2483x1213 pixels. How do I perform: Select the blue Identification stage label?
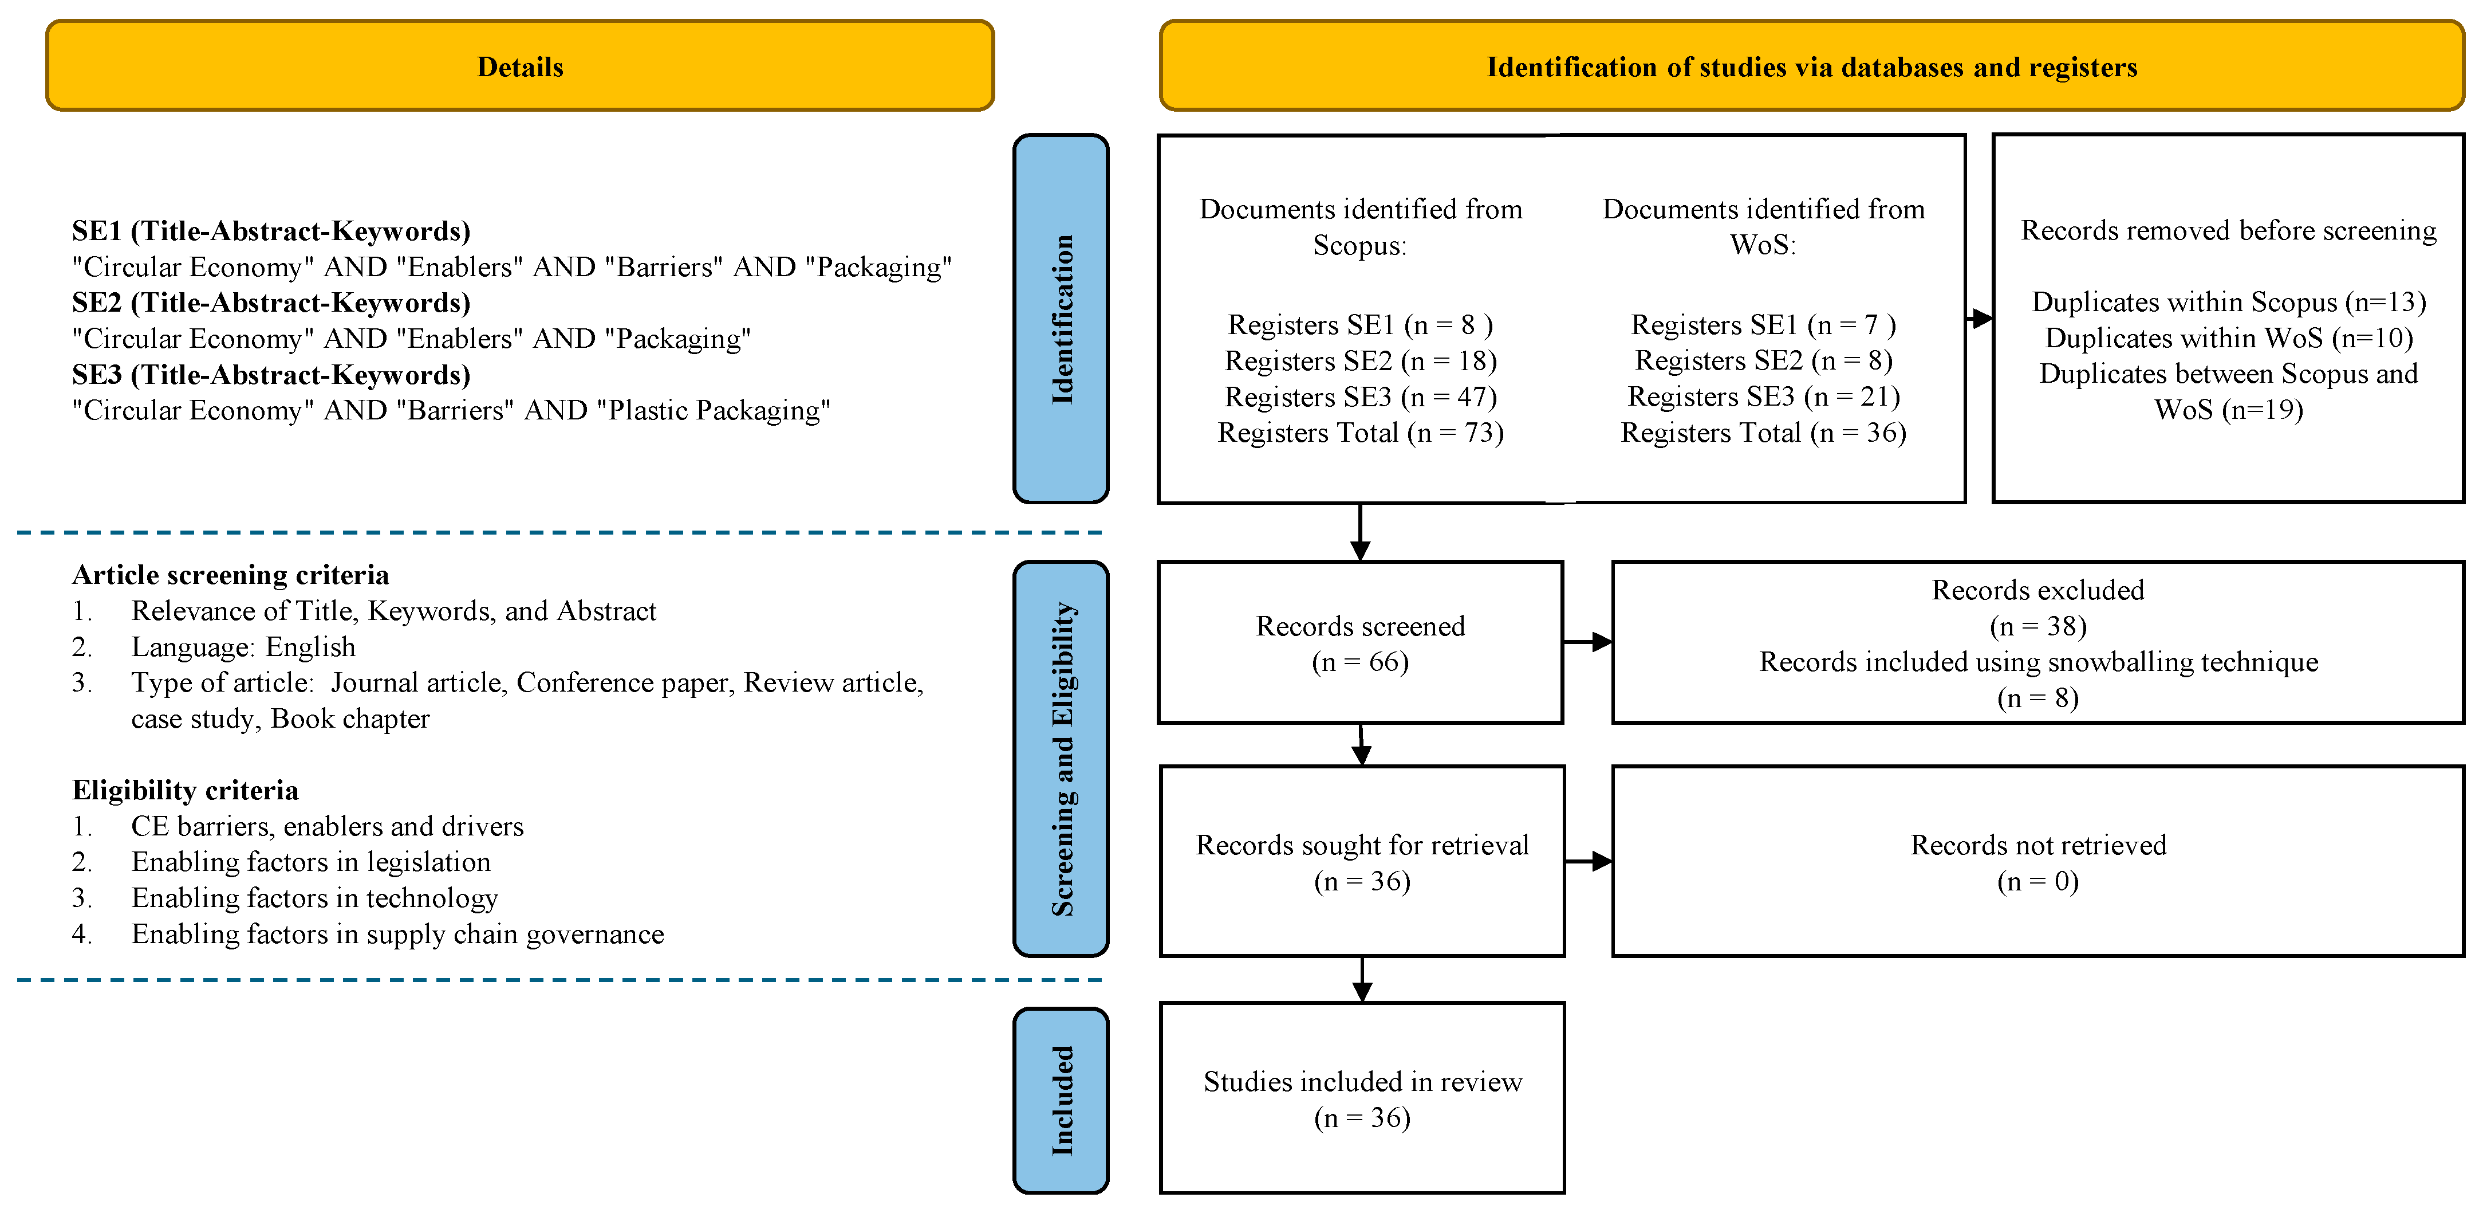(1061, 318)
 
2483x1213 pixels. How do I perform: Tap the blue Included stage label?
(1061, 1100)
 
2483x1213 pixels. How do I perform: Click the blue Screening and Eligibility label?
(1061, 759)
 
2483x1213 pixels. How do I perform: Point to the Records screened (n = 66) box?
(1360, 642)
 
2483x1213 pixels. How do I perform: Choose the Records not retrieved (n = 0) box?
(2037, 861)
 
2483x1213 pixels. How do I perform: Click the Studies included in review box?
(1362, 1098)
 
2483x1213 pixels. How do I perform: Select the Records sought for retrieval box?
(1362, 861)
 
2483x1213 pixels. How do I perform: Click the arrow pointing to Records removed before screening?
(1979, 318)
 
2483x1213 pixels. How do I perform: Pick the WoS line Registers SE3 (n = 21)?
(1763, 397)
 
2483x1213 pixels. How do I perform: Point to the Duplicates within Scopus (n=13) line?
(2229, 302)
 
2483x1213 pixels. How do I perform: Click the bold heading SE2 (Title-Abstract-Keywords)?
(271, 303)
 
